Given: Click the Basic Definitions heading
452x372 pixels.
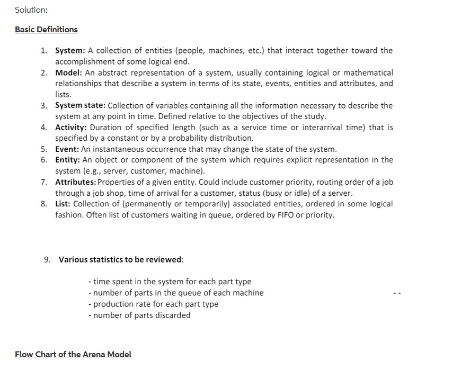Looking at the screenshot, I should (46, 30).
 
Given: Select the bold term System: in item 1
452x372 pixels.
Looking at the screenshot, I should (70, 51).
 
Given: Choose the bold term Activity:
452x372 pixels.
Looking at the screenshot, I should (72, 128).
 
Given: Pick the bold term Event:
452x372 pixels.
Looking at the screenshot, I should (67, 149).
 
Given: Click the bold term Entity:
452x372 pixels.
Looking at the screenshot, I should (68, 160).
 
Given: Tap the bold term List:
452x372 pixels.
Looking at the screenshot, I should (64, 204).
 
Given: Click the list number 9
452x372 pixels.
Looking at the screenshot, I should (47, 260).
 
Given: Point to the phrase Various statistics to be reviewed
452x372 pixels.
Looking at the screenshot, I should (121, 260).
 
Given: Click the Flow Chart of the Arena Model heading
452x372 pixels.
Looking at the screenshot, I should (73, 355).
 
